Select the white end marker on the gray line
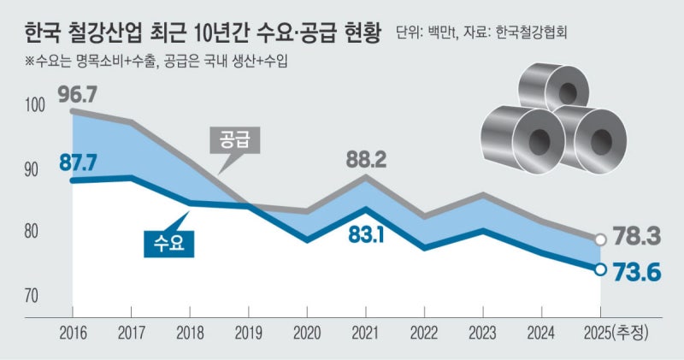(x=601, y=240)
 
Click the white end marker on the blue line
(x=601, y=269)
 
